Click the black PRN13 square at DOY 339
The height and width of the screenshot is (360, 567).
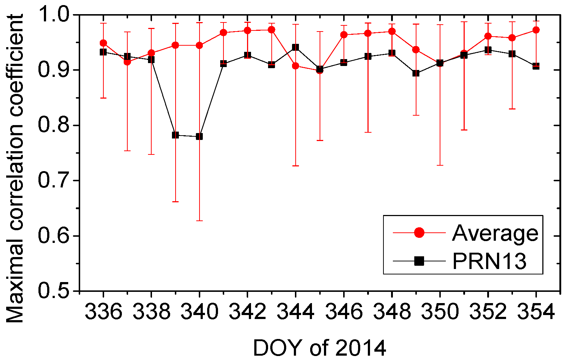click(x=175, y=135)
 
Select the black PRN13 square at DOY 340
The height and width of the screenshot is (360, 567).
click(x=199, y=137)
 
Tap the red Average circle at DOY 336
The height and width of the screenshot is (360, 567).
click(x=103, y=43)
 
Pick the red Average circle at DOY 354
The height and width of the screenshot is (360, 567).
click(x=536, y=30)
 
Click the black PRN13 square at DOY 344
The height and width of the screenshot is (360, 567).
click(x=295, y=47)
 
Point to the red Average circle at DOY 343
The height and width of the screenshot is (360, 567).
click(x=271, y=30)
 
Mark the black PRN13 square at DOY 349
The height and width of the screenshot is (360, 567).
click(x=416, y=73)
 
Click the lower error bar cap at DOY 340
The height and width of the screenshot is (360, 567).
click(x=199, y=221)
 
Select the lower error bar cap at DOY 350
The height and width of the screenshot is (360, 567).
click(x=440, y=165)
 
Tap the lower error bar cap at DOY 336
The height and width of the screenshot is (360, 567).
click(x=103, y=98)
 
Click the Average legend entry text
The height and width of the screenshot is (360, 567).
click(x=495, y=233)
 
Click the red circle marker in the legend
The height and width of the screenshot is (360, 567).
click(x=419, y=233)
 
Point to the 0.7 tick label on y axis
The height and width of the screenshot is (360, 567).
click(x=55, y=181)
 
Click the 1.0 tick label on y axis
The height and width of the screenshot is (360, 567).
click(x=55, y=15)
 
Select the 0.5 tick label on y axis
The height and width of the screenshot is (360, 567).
click(x=55, y=291)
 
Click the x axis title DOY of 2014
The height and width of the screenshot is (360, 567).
click(x=319, y=348)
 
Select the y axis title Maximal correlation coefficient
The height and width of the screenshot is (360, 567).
click(x=15, y=169)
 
